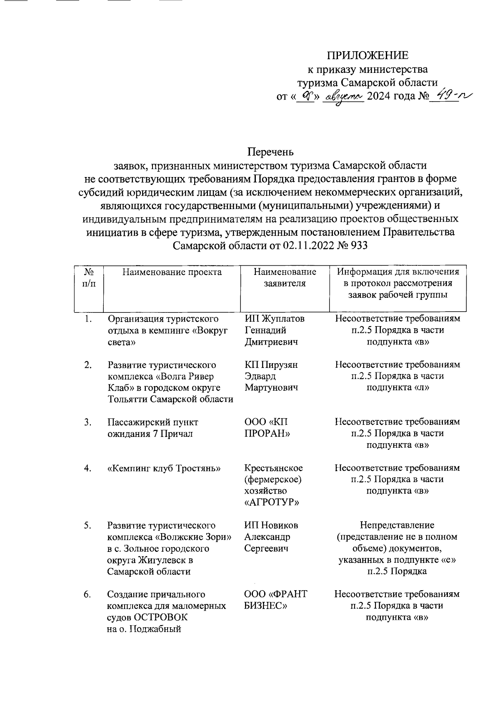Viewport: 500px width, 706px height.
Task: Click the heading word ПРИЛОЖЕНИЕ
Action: click(x=367, y=56)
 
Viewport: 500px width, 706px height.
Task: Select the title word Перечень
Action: click(x=270, y=152)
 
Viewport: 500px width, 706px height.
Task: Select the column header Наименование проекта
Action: click(x=172, y=272)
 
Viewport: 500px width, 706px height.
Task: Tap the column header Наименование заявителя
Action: click(x=285, y=278)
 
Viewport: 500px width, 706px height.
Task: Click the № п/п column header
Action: click(x=88, y=278)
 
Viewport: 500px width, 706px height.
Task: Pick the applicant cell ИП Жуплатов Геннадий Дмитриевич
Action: click(x=274, y=330)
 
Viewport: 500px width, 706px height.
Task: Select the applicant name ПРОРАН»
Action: click(x=267, y=434)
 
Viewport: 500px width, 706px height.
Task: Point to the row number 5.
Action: click(x=87, y=526)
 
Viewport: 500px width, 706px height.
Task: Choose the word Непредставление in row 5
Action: click(x=397, y=525)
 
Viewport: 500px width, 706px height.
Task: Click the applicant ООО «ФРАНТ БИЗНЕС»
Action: click(x=275, y=600)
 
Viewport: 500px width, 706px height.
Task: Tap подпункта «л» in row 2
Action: click(x=397, y=388)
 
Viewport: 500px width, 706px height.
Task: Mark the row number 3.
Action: click(x=87, y=422)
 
